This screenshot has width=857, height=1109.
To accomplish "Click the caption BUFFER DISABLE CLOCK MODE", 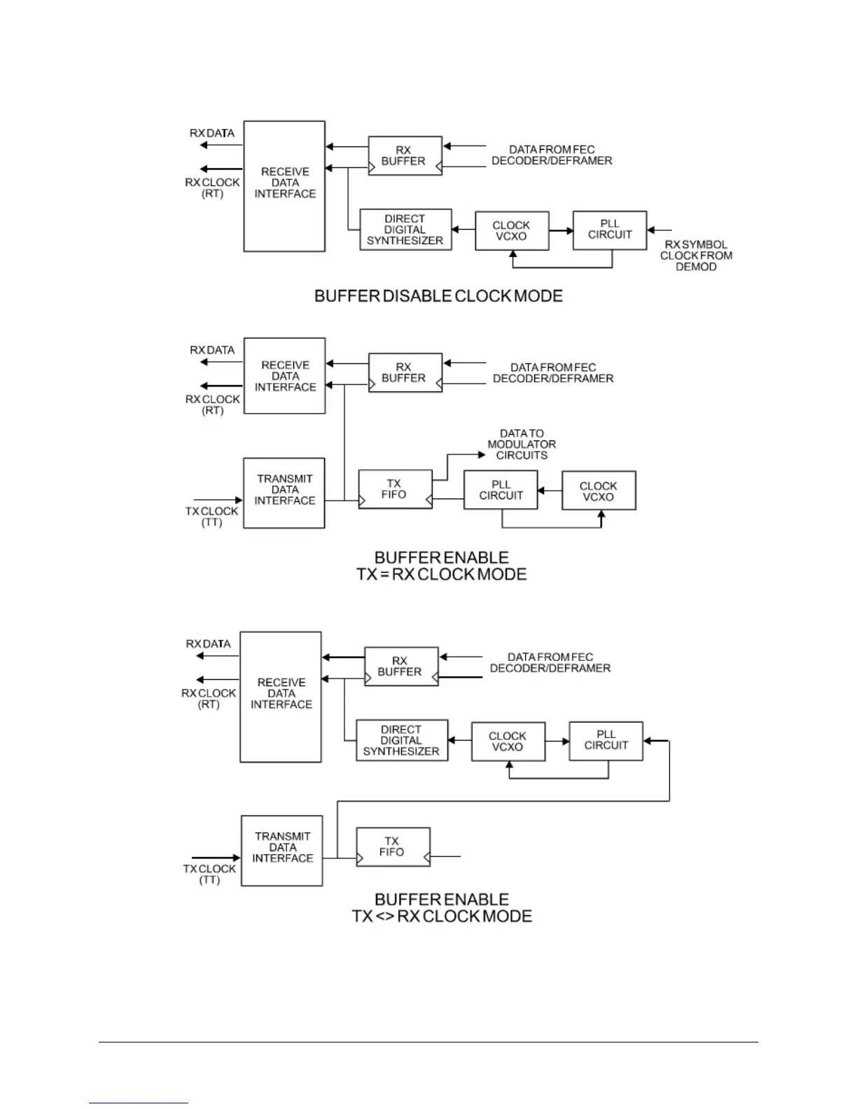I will click(x=438, y=296).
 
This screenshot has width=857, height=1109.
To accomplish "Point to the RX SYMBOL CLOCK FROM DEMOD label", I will click(x=696, y=256).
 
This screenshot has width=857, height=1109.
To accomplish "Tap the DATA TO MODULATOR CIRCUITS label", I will click(x=522, y=445).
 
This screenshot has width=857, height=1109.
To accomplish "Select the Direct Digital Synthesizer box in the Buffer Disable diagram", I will click(x=405, y=230).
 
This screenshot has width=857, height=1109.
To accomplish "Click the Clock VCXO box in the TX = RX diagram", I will click(x=598, y=491).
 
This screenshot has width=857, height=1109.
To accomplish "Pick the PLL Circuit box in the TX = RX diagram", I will click(x=501, y=490).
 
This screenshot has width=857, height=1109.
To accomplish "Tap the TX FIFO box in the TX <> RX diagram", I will click(x=393, y=846).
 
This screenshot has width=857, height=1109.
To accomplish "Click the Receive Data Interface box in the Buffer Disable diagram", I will click(x=284, y=186).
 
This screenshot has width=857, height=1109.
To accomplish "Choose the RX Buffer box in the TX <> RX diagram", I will click(x=400, y=666).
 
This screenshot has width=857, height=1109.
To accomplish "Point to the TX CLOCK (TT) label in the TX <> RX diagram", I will click(x=210, y=874).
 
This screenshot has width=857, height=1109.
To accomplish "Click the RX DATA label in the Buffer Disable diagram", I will click(x=212, y=133).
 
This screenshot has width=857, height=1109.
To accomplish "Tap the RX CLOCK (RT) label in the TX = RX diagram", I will click(x=213, y=405).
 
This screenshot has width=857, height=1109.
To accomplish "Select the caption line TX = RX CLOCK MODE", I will click(x=441, y=575).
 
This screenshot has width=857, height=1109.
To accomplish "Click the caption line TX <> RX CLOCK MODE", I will click(x=442, y=916).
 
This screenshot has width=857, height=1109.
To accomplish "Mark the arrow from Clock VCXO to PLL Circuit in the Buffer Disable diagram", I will click(x=561, y=230).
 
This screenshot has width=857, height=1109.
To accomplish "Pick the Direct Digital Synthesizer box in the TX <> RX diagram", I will click(x=402, y=740).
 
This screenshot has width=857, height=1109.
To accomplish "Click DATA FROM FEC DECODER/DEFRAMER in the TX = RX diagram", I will click(x=553, y=372).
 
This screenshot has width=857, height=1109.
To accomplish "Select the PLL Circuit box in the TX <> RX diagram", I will click(x=606, y=740).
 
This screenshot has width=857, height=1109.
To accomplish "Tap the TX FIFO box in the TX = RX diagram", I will click(x=395, y=489).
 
